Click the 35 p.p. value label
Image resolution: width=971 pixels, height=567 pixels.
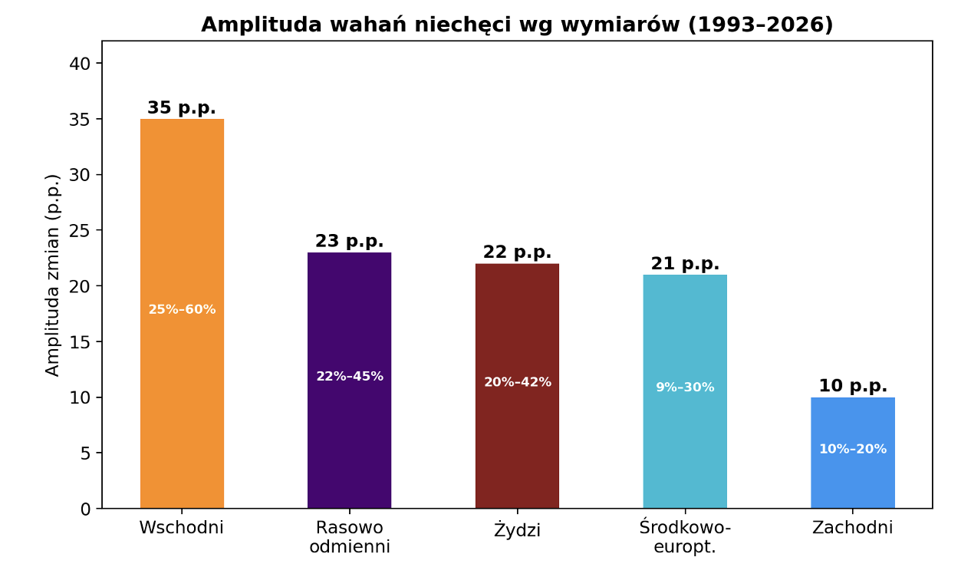[x=182, y=108]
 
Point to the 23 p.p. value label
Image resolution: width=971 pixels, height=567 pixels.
[x=349, y=242]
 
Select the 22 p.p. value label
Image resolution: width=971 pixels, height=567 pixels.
[x=517, y=252]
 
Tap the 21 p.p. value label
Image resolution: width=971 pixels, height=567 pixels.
[x=685, y=264]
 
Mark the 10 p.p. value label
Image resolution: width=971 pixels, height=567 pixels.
[x=852, y=386]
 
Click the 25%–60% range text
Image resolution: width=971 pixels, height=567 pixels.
[x=182, y=310]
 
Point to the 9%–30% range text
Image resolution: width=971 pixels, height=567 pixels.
[x=685, y=387]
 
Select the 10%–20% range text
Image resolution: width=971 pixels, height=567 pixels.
[x=852, y=450]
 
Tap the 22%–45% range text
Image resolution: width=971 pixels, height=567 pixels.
[x=349, y=377]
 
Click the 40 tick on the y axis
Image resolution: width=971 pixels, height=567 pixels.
[x=80, y=64]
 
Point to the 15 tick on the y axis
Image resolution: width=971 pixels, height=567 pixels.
[x=80, y=342]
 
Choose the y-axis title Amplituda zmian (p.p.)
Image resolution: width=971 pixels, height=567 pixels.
[x=52, y=275]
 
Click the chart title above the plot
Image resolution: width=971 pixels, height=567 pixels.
[x=517, y=25]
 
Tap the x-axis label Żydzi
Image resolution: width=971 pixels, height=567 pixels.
[x=517, y=530]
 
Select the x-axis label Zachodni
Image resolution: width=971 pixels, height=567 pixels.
[x=852, y=528]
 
